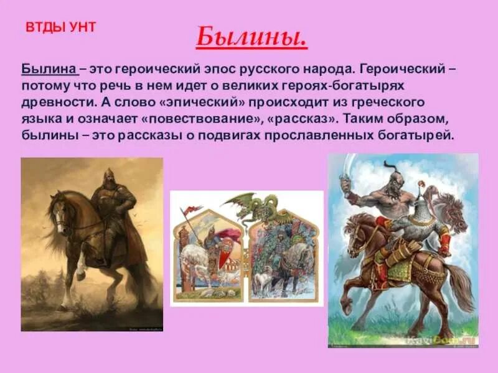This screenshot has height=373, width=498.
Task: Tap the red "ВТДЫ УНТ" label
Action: pyautogui.click(x=60, y=27)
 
